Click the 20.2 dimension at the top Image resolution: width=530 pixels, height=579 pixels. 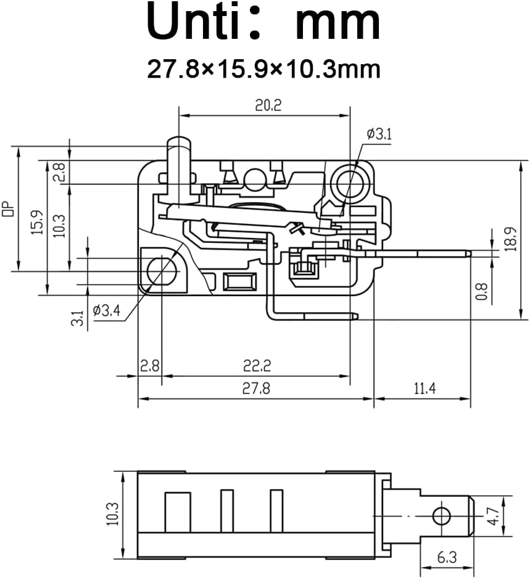pos(268,105)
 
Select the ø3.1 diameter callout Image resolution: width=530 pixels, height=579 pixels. pos(378,134)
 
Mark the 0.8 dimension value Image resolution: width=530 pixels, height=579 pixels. pos(482,291)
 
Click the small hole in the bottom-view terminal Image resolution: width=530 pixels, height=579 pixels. pos(440,514)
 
